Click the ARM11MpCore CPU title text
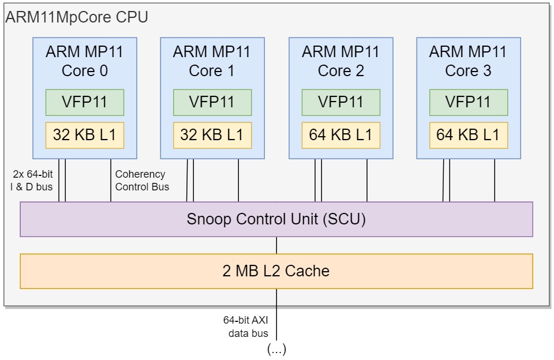point(77,17)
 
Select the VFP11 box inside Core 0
point(85,102)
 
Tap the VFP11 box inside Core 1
point(212,102)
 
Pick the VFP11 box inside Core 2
point(340,102)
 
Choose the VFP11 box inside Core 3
point(468,102)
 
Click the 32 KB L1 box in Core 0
point(85,136)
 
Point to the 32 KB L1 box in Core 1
point(212,136)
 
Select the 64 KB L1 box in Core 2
point(340,136)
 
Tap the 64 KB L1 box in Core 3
point(468,136)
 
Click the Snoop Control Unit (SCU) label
point(276,219)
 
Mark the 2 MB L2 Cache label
point(276,271)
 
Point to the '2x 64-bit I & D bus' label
point(32,180)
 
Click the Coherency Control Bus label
point(142,180)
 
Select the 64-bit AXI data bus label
point(246,327)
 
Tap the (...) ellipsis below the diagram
point(276,349)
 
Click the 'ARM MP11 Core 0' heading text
point(85,61)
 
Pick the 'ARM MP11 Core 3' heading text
point(468,61)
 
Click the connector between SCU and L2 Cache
point(276,245)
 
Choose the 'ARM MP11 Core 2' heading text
point(340,61)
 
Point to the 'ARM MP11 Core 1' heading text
point(212,61)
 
